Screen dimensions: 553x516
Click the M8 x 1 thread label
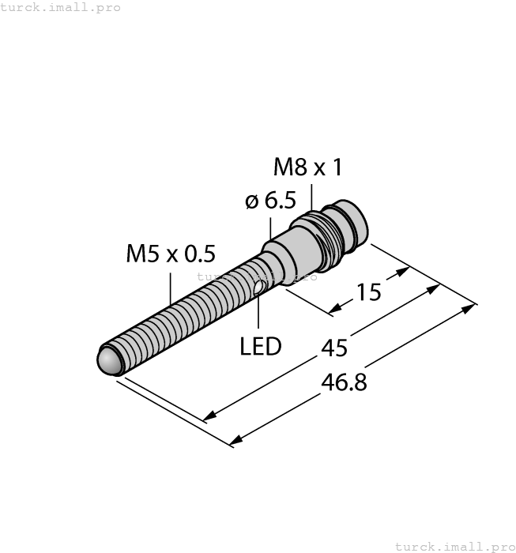point(307,167)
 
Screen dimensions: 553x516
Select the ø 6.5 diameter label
point(270,201)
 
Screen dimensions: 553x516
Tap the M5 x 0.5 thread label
point(170,254)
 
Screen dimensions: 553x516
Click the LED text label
point(261,346)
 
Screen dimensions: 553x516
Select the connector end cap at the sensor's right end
point(351,220)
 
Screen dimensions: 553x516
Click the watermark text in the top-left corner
point(61,7)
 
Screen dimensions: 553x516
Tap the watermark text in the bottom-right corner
point(454,546)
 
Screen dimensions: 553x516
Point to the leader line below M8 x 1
point(311,197)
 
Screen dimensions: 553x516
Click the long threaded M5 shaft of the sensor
point(182,316)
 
